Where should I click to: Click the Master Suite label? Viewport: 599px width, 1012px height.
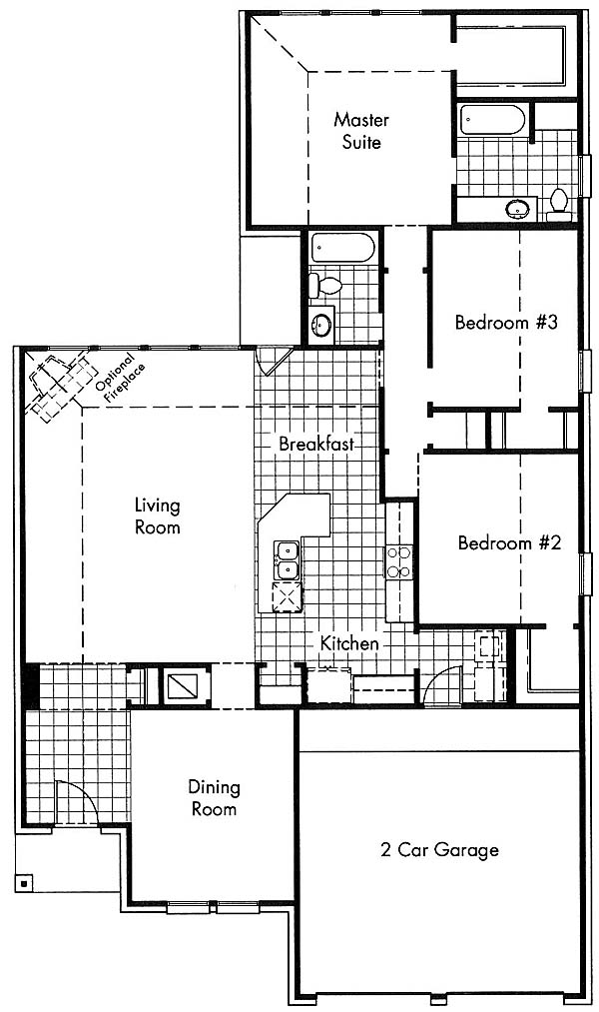(361, 131)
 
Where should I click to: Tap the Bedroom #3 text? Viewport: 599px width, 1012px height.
(506, 322)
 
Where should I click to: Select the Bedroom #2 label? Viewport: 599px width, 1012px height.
(509, 542)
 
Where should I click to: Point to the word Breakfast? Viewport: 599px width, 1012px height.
(316, 444)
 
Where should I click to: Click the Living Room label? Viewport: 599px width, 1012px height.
(158, 516)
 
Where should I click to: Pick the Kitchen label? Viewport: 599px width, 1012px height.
(349, 643)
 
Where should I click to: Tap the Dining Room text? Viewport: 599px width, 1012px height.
(214, 798)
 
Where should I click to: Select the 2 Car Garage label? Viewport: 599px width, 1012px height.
(439, 850)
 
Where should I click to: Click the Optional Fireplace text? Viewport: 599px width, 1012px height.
(120, 379)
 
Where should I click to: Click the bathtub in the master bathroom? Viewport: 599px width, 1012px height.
(494, 120)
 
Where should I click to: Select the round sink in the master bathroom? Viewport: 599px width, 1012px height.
(518, 209)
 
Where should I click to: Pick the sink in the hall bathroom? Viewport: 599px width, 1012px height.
(321, 324)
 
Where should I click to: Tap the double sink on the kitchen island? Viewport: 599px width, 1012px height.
(287, 559)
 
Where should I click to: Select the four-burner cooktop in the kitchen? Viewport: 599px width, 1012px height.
(399, 561)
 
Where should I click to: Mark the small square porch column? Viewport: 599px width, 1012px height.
(23, 882)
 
